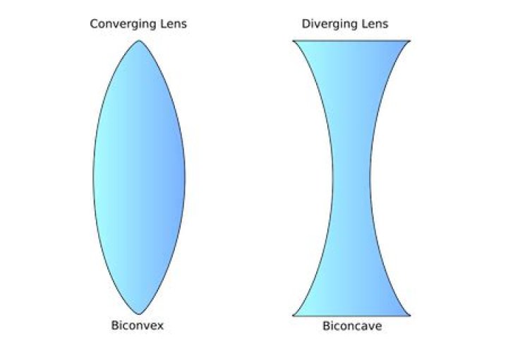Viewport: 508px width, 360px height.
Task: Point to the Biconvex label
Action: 138,325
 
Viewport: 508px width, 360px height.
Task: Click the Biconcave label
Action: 352,325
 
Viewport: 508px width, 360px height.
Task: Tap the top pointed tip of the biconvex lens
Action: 139,40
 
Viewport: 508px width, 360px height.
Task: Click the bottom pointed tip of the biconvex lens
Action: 139,314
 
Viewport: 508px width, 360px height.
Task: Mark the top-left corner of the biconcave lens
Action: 293,41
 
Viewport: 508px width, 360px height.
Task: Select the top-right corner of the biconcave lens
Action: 410,41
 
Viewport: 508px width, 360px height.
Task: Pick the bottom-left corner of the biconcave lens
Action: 293,316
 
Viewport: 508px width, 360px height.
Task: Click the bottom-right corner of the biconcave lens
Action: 410,316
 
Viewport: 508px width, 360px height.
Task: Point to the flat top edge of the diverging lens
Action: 351,41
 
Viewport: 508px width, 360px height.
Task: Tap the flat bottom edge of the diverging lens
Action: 351,316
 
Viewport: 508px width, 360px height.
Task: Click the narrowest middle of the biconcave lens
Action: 351,178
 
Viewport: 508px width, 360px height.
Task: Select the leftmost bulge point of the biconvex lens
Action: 94,178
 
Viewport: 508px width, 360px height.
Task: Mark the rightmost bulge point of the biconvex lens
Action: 185,178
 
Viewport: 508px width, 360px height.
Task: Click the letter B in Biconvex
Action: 115,325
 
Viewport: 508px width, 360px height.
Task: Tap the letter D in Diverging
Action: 306,24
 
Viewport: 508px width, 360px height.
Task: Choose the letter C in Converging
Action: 95,24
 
